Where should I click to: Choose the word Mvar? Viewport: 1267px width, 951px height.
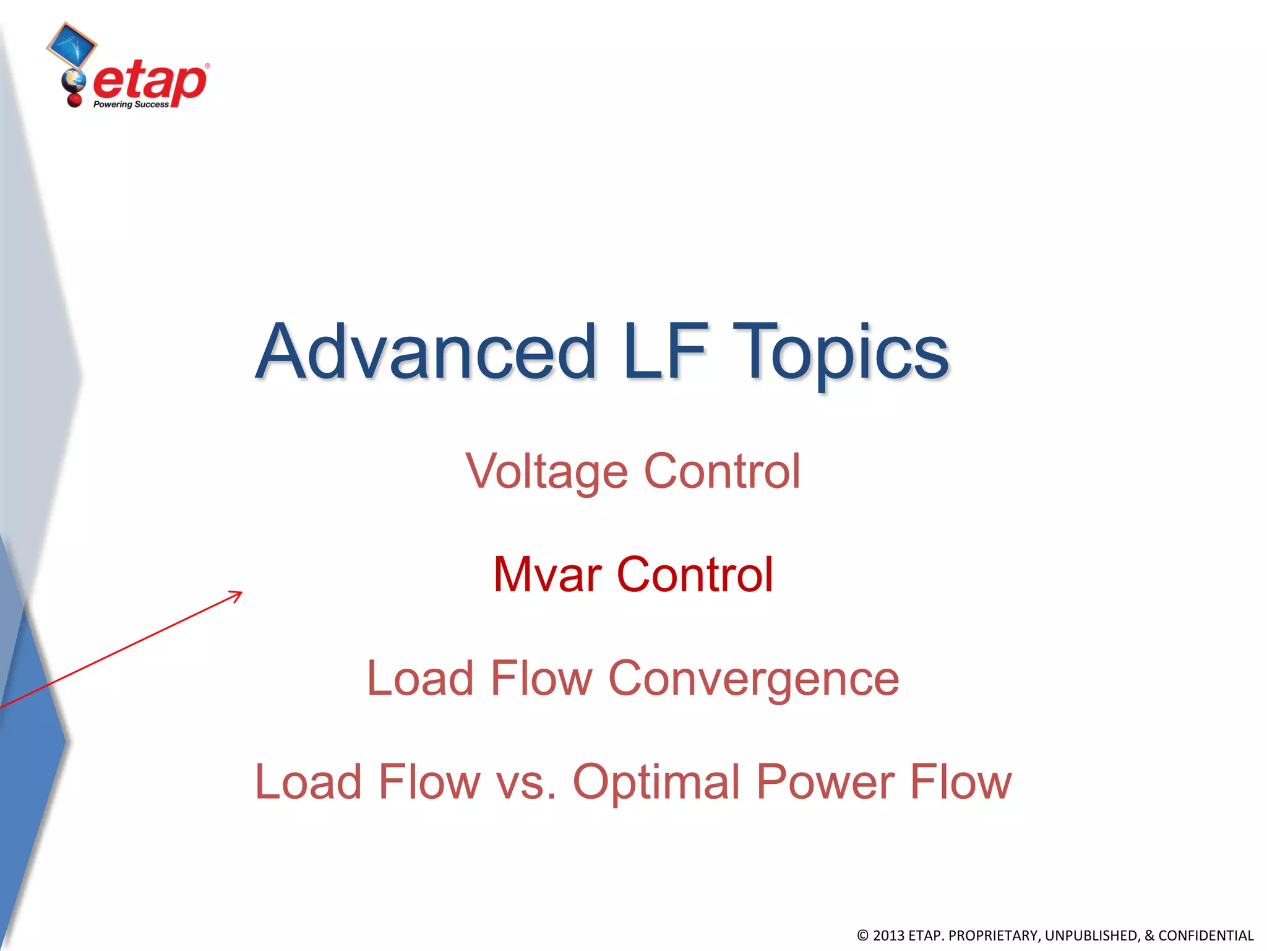[547, 575]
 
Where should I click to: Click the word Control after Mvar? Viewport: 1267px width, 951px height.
[695, 574]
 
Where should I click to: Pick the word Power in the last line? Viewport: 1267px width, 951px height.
[825, 781]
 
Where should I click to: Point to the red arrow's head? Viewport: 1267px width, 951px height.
[238, 594]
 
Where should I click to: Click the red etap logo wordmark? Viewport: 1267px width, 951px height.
[150, 82]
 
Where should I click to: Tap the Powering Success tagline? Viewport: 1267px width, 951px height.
[131, 105]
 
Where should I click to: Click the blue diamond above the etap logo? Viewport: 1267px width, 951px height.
[71, 45]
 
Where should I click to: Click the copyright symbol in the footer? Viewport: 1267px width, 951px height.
[862, 936]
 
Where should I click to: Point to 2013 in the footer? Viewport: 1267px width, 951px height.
[888, 936]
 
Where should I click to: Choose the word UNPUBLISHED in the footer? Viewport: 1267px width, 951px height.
[1090, 936]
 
